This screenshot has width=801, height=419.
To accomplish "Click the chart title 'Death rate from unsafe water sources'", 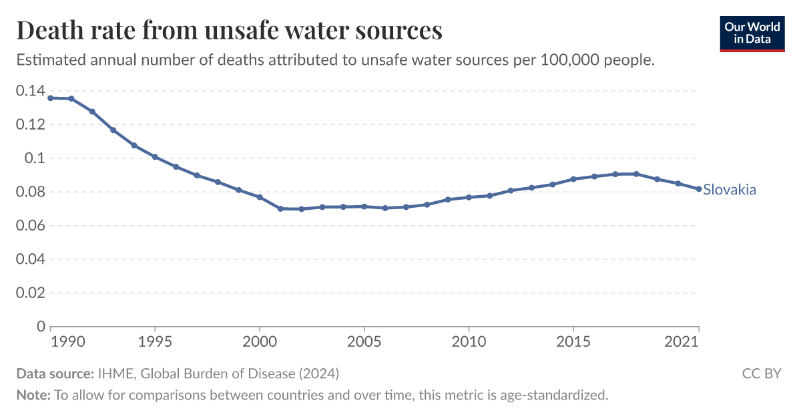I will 229,31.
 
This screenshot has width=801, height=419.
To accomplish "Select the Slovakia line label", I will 730,190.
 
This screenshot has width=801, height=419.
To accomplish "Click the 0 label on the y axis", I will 41,327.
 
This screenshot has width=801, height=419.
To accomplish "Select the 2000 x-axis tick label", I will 260,341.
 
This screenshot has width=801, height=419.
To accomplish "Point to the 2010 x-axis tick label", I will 469,341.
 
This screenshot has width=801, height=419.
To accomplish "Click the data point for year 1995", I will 155,157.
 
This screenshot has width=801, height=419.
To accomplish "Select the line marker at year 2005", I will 364,206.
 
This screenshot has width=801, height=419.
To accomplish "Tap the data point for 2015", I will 573,179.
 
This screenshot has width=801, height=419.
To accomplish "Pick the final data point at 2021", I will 699,189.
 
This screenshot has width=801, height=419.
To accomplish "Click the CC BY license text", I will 761,374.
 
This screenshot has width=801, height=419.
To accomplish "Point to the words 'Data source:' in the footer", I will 55,374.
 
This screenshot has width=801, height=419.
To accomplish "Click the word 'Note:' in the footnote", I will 33,395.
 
